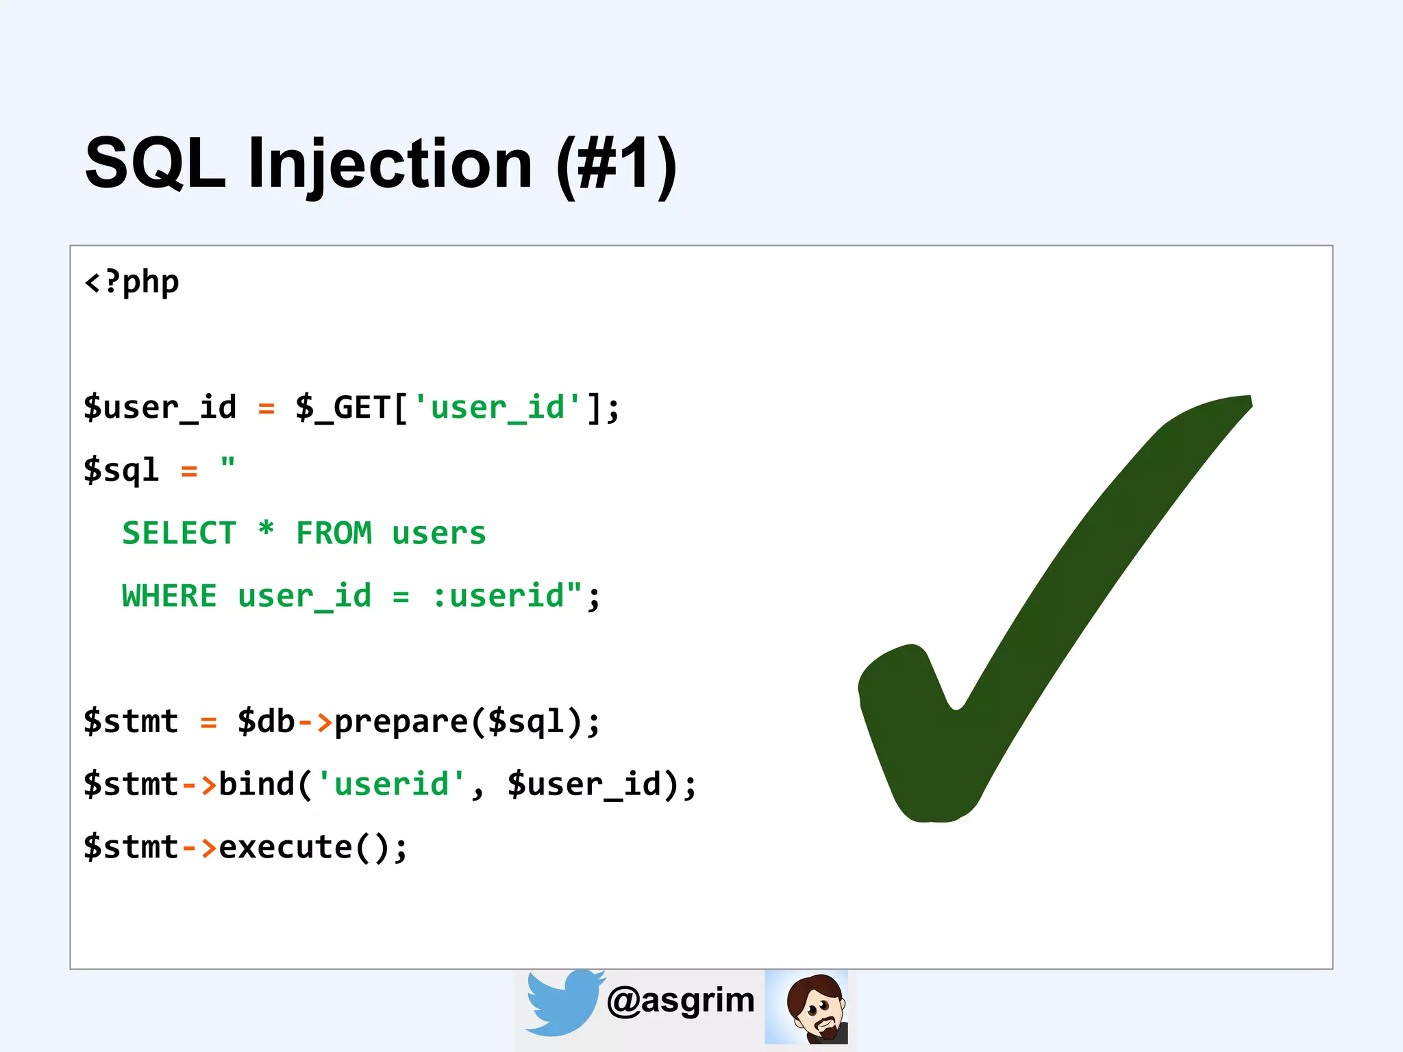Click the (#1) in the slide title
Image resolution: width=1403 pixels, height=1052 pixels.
[x=617, y=164]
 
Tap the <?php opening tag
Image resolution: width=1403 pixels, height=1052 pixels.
[x=132, y=282]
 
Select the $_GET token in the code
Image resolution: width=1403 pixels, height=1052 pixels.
[x=343, y=408]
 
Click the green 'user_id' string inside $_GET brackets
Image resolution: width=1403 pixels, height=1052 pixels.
[x=498, y=408]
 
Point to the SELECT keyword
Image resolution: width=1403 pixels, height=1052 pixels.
[x=179, y=534]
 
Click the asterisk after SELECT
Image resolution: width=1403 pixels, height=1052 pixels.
[x=266, y=530]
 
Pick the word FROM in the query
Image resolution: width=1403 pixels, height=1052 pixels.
[x=334, y=534]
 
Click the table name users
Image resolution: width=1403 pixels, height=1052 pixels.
[x=439, y=534]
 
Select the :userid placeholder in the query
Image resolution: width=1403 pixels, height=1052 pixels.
[x=499, y=597]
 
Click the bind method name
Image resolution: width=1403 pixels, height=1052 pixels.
[x=257, y=785]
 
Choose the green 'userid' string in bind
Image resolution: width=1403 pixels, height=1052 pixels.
[x=392, y=785]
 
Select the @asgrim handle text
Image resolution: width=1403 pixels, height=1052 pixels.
[x=681, y=1001]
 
